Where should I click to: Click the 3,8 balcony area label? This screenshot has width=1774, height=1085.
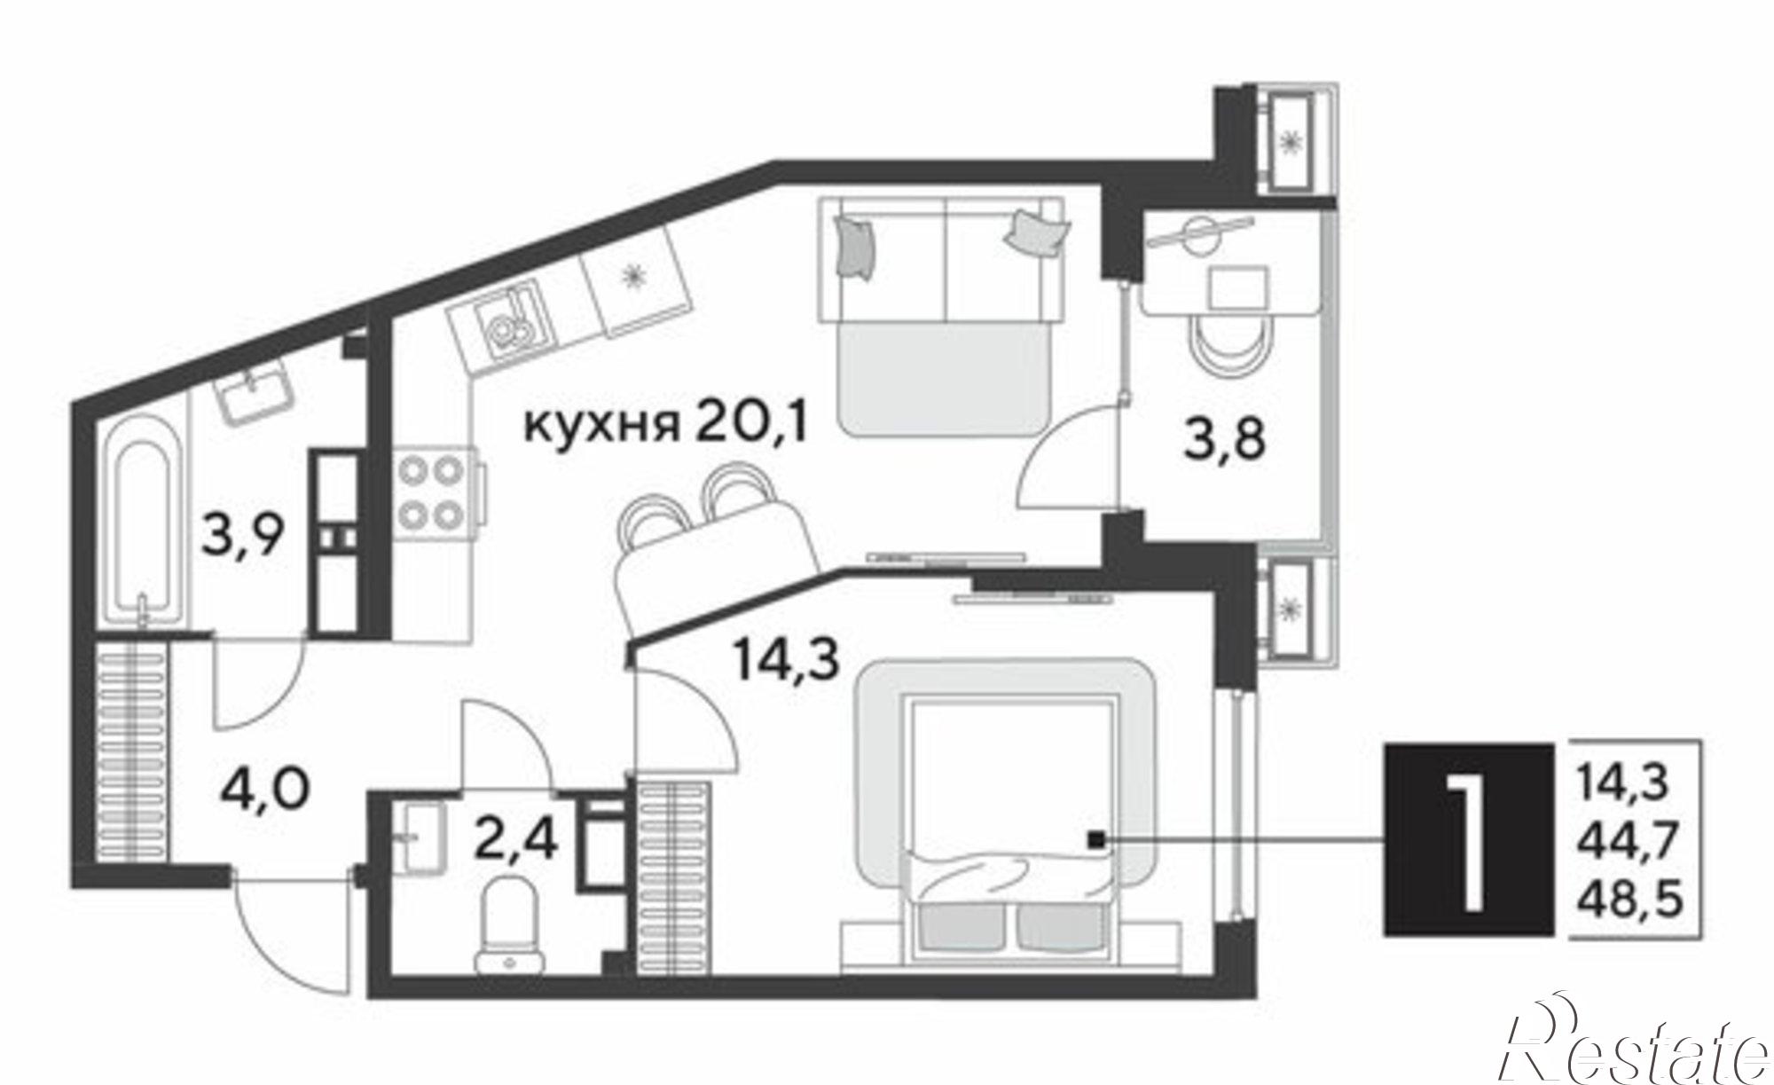(1223, 441)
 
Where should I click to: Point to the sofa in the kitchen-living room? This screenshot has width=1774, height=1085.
(941, 317)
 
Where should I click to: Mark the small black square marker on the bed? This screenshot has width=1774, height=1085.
(1097, 839)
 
